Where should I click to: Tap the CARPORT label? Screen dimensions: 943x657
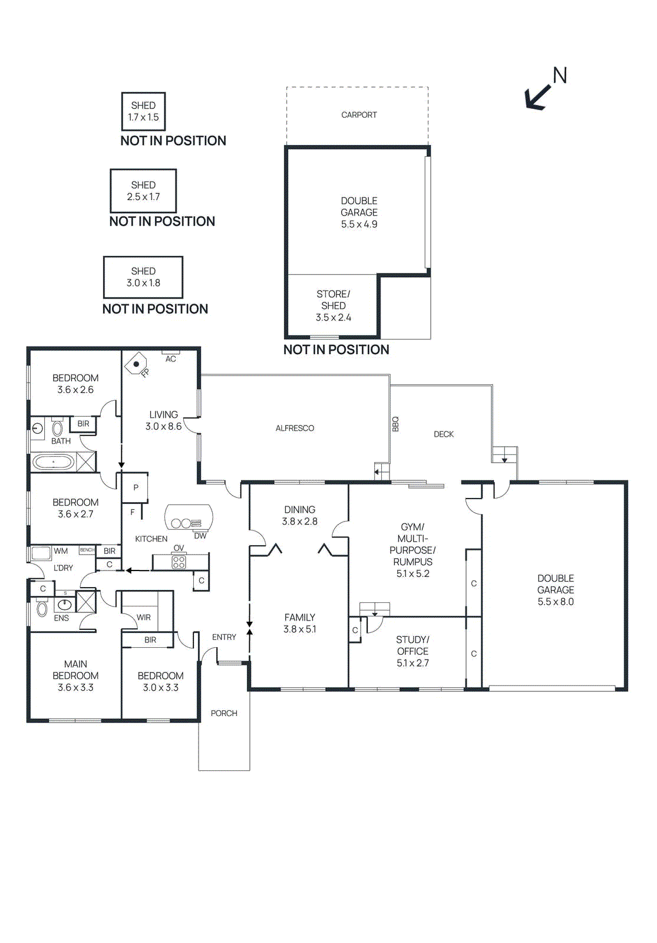tap(359, 115)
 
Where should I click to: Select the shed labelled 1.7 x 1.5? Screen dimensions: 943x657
tap(143, 111)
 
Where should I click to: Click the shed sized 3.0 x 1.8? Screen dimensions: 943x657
tap(143, 277)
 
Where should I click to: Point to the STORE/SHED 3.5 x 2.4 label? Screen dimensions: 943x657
tap(334, 305)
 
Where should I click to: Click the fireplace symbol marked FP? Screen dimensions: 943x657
tap(136, 364)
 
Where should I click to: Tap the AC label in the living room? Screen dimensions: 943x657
tap(170, 359)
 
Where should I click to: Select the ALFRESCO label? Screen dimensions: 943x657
tap(295, 428)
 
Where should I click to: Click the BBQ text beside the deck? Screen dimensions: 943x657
tap(395, 424)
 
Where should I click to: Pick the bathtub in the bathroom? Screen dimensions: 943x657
tap(54, 461)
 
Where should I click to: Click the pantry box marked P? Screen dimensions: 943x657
tap(136, 487)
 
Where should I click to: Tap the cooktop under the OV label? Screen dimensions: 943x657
tap(179, 562)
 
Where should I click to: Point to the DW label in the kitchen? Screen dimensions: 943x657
tap(200, 536)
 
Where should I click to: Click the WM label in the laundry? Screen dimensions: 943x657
tap(61, 551)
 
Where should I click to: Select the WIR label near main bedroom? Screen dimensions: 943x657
tap(144, 617)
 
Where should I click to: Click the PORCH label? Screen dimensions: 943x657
tap(224, 713)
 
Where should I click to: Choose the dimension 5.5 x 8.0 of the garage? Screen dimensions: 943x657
tap(555, 602)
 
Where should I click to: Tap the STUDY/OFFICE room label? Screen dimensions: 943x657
tap(412, 645)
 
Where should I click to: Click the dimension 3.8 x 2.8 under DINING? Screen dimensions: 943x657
tap(299, 522)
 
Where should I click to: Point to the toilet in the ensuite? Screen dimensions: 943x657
tap(42, 608)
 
